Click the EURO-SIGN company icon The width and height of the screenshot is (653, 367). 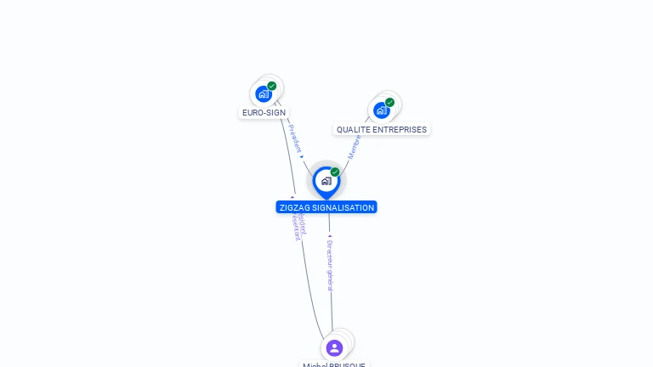pyautogui.click(x=264, y=94)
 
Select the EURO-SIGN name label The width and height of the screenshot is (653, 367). pyautogui.click(x=264, y=112)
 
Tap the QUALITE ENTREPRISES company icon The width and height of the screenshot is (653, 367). pyautogui.click(x=382, y=110)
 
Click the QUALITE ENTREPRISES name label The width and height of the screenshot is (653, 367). pyautogui.click(x=382, y=130)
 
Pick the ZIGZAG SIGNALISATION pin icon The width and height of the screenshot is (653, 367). pyautogui.click(x=326, y=181)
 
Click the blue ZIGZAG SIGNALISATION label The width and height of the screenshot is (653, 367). pyautogui.click(x=326, y=207)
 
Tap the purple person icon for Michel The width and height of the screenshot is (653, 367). pyautogui.click(x=334, y=347)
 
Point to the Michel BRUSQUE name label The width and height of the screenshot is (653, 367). pyautogui.click(x=334, y=364)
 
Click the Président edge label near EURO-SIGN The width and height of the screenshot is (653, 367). pyautogui.click(x=294, y=138)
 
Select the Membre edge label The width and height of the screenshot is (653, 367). pyautogui.click(x=354, y=147)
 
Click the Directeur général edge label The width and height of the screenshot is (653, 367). pyautogui.click(x=330, y=265)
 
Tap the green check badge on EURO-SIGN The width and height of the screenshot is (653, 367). pyautogui.click(x=272, y=86)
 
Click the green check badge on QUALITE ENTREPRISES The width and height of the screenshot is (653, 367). pyautogui.click(x=389, y=103)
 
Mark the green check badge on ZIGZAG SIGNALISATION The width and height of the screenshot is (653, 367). pyautogui.click(x=335, y=172)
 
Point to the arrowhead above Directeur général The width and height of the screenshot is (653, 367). pyautogui.click(x=330, y=236)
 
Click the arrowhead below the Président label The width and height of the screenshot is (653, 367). pyautogui.click(x=301, y=156)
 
